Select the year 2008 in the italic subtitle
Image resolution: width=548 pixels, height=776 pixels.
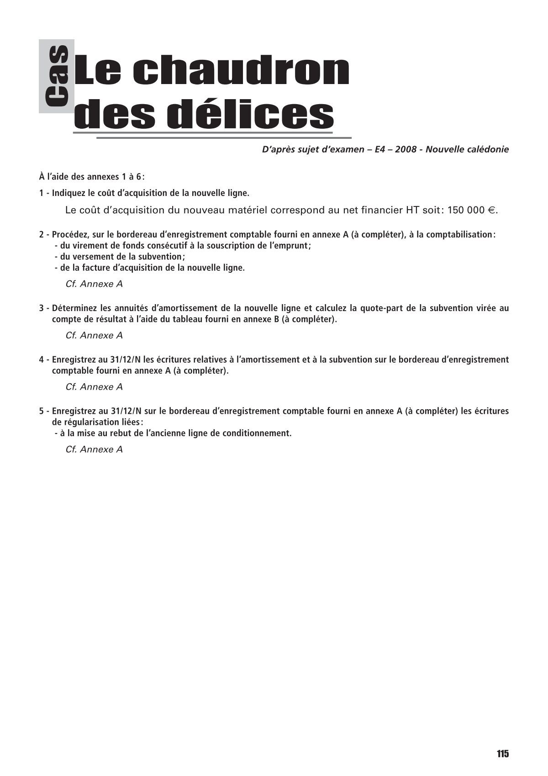406,149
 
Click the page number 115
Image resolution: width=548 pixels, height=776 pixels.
502,754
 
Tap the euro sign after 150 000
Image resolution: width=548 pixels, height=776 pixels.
492,211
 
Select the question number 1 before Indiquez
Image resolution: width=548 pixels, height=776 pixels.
42,193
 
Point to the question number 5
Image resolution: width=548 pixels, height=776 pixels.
42,411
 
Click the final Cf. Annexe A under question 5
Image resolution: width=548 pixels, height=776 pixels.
94,449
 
